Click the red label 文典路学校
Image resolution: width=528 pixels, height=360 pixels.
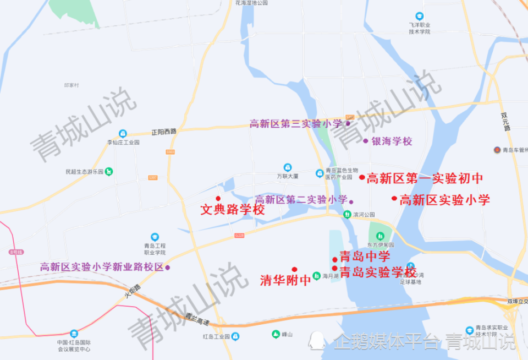[x=233, y=210]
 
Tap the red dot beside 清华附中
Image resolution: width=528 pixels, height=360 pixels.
[x=294, y=270]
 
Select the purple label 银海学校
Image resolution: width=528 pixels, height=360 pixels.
[x=392, y=141]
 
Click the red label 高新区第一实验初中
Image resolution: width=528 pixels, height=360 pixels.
[x=425, y=178]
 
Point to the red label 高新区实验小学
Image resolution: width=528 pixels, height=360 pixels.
[x=444, y=200]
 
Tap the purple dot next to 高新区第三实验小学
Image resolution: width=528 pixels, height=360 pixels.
[x=348, y=124]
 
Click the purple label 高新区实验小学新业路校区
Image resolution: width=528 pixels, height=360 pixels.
[x=102, y=267]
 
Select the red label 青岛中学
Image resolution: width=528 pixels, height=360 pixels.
[x=365, y=257]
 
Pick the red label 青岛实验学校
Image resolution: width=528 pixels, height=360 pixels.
[x=378, y=272]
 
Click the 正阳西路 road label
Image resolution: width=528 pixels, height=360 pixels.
[x=164, y=132]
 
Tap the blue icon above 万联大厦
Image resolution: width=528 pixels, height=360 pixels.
[x=287, y=167]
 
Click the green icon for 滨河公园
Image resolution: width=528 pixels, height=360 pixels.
[x=347, y=214]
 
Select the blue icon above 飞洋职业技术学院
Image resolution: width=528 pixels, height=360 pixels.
[x=420, y=16]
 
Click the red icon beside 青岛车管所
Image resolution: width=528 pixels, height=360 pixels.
[x=497, y=150]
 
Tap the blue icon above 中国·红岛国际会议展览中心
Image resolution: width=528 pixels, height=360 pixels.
[x=74, y=334]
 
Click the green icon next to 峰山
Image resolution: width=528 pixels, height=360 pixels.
[x=276, y=334]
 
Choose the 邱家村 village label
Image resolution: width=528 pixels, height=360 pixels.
[x=71, y=85]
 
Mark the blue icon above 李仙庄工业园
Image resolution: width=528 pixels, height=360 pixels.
[x=123, y=134]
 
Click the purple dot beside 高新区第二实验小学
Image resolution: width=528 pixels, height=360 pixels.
[x=351, y=201]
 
